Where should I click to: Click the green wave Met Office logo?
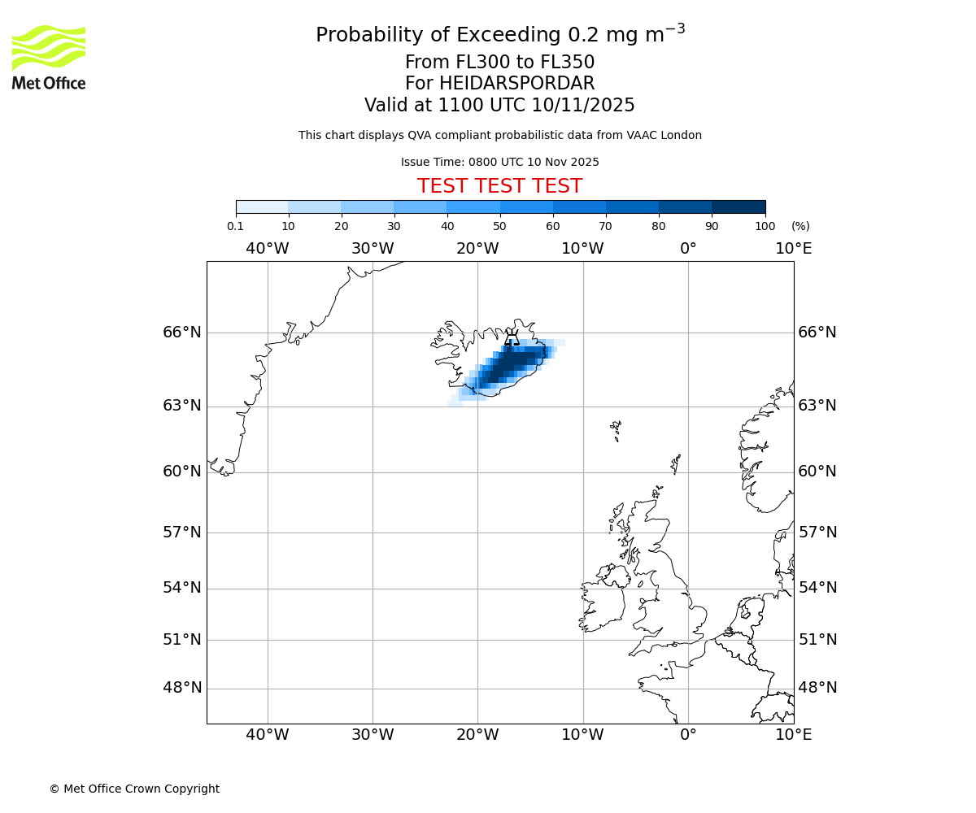coord(49,47)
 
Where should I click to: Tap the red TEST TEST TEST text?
coord(499,186)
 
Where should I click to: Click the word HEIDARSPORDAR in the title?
coord(516,84)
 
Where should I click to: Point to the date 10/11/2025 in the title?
coord(583,105)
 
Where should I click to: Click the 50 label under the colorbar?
coord(499,227)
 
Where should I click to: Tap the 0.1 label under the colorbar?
coord(235,227)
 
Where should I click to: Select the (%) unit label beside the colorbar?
coord(800,227)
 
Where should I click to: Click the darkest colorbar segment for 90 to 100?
coord(739,207)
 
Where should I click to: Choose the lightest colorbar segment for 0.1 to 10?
coord(262,207)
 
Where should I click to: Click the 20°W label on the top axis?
coord(477,248)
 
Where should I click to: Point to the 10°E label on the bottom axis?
coord(793,735)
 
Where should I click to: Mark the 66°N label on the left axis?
coord(182,332)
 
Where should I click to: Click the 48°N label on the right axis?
coord(817,688)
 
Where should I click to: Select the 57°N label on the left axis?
coord(182,533)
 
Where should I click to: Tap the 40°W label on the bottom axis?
coord(268,735)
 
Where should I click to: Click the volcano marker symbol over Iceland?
coord(512,337)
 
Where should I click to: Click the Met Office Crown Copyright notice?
coord(134,789)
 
